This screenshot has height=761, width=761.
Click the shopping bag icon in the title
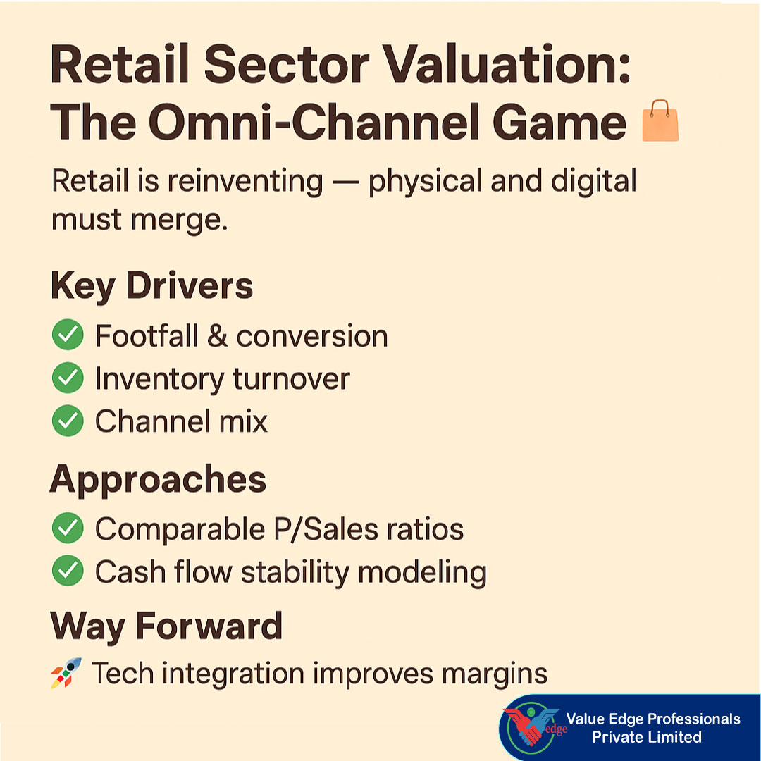(660, 120)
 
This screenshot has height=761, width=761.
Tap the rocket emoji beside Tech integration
(66, 673)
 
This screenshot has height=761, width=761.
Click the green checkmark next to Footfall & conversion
(68, 336)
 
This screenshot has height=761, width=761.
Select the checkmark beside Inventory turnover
(68, 379)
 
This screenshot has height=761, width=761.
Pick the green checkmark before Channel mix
(68, 421)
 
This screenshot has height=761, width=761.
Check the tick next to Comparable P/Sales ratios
(68, 529)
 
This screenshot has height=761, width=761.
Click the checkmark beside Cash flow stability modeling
(68, 572)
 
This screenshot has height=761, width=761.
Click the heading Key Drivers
(151, 286)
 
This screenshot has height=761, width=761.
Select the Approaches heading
(158, 480)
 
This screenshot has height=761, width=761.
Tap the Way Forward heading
(166, 626)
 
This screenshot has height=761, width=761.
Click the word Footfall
(147, 336)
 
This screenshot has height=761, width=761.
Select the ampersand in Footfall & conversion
(217, 337)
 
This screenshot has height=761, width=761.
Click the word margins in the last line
(495, 674)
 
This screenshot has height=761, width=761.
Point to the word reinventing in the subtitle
(245, 182)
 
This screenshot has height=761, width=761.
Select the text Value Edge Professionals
(653, 719)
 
